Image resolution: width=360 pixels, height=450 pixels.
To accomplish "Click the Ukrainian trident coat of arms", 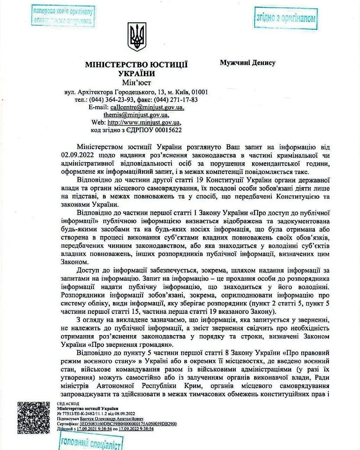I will pyautogui.click(x=137, y=37).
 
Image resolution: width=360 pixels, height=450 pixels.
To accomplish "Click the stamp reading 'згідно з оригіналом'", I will pyautogui.click(x=285, y=18).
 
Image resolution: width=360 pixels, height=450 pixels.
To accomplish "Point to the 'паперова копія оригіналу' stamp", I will pyautogui.click(x=63, y=16).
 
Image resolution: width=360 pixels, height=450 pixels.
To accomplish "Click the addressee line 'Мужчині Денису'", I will pyautogui.click(x=247, y=63).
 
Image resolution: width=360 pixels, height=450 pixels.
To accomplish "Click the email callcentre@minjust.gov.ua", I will pyautogui.click(x=147, y=107).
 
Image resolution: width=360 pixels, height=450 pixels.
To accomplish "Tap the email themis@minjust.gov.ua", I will pyautogui.click(x=136, y=115).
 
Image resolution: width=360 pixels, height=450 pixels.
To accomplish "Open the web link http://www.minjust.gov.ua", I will pyautogui.click(x=144, y=123).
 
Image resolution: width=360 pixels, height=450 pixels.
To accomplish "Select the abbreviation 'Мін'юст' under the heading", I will pyautogui.click(x=136, y=83).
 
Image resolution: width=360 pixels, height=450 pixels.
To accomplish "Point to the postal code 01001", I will pyautogui.click(x=199, y=92).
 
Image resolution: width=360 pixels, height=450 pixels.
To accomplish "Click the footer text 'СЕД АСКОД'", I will pyautogui.click(x=68, y=404).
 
